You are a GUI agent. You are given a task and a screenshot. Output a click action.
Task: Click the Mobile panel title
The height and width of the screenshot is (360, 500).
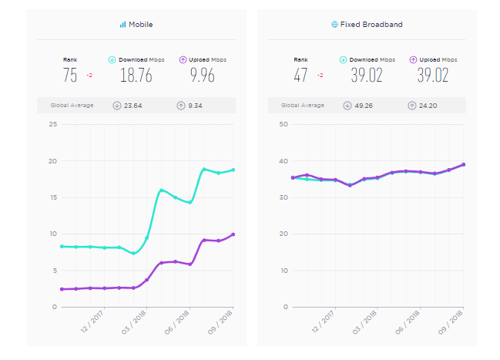coord(140,25)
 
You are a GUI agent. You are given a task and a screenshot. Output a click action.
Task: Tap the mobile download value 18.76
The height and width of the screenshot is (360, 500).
coord(136,76)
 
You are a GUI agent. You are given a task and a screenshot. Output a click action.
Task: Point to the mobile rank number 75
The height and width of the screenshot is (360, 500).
coord(70,76)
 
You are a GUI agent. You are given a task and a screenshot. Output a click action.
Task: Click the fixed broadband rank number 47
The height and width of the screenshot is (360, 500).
coord(301,76)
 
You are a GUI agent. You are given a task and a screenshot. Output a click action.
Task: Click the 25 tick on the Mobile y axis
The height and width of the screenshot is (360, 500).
coord(53,124)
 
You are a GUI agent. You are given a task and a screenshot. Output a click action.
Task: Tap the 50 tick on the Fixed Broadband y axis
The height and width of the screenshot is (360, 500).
coord(284,124)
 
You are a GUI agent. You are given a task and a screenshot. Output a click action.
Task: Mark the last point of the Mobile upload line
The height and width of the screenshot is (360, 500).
coord(233,234)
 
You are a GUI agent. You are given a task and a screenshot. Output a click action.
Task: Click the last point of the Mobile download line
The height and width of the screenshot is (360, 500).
coord(233,170)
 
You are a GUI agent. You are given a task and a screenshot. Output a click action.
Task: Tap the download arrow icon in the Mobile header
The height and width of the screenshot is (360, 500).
coord(112,59)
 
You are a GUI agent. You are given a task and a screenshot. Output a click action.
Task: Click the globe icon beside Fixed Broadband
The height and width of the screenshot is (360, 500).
coord(334,25)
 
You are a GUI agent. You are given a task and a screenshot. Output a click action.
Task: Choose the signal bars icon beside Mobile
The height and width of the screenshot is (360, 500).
coord(122,25)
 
